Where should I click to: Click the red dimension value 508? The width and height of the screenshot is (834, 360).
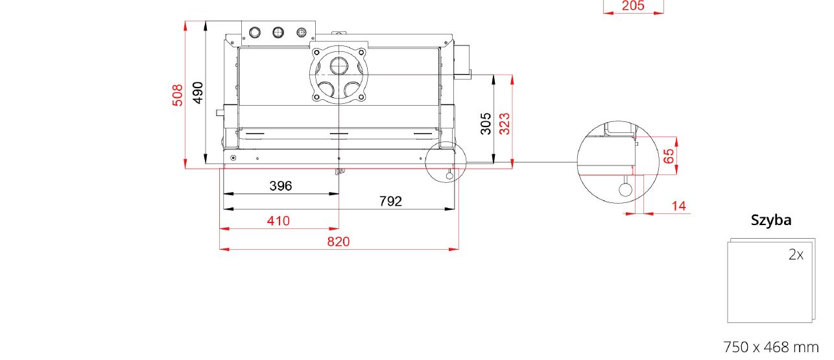tap(178, 95)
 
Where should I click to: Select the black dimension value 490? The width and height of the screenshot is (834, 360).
tap(198, 93)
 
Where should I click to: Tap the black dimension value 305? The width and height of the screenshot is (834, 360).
tap(486, 124)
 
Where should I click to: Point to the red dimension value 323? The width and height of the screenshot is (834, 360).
tap(504, 124)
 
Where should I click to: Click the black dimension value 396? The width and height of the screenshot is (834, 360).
tap(281, 186)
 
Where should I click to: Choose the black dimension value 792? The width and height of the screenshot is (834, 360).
tap(390, 202)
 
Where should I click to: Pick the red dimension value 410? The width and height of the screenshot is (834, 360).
tap(278, 221)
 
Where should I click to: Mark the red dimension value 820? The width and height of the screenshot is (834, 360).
tap(339, 242)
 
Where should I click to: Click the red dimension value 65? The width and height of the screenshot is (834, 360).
tap(669, 156)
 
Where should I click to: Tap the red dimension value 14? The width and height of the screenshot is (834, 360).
tap(679, 206)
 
